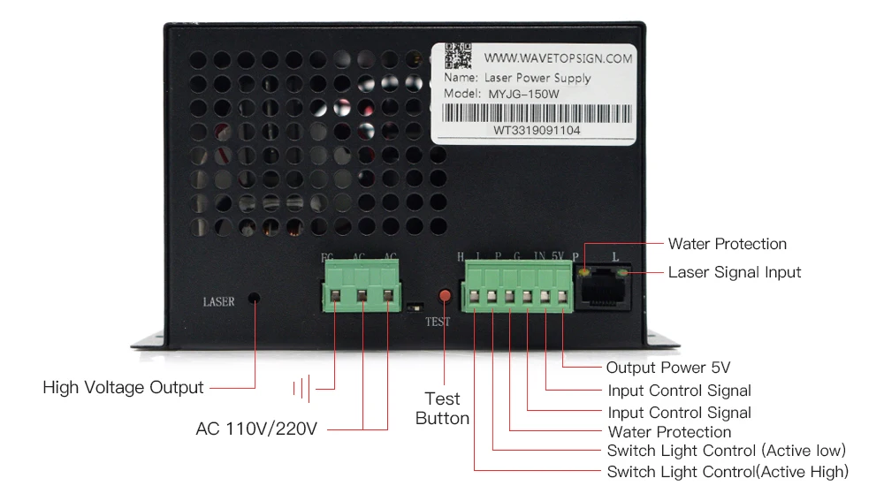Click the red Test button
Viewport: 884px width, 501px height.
446,294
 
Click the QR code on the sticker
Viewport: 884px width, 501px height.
456,56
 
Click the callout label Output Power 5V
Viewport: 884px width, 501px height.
668,368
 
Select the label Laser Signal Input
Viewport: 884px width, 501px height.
734,272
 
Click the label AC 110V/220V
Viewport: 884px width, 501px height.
256,429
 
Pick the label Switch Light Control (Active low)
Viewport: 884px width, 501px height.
727,451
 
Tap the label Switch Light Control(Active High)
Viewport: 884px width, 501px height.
728,472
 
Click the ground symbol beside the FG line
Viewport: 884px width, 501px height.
304,387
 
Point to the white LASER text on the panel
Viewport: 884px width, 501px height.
218,302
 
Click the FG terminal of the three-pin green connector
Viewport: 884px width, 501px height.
337,297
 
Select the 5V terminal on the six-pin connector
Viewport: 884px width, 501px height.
562,298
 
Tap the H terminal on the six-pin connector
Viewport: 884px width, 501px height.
476,298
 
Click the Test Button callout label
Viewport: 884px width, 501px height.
442,408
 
